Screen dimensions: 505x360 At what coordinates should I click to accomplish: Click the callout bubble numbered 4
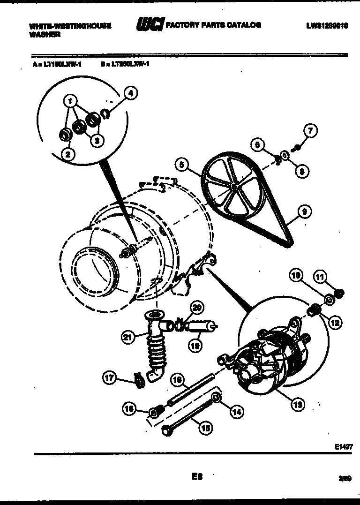[x=131, y=93]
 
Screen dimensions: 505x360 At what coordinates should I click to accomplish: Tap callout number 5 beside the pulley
[x=182, y=165]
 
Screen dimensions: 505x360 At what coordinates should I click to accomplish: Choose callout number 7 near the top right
[x=310, y=131]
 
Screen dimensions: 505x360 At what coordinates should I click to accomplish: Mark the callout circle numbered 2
[x=68, y=154]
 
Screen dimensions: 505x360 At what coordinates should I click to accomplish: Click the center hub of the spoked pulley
[x=233, y=186]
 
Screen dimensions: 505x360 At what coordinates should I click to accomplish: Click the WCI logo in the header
[x=150, y=24]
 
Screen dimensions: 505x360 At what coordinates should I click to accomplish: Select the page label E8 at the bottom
[x=196, y=477]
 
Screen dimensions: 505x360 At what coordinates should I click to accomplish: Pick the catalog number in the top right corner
[x=327, y=26]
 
